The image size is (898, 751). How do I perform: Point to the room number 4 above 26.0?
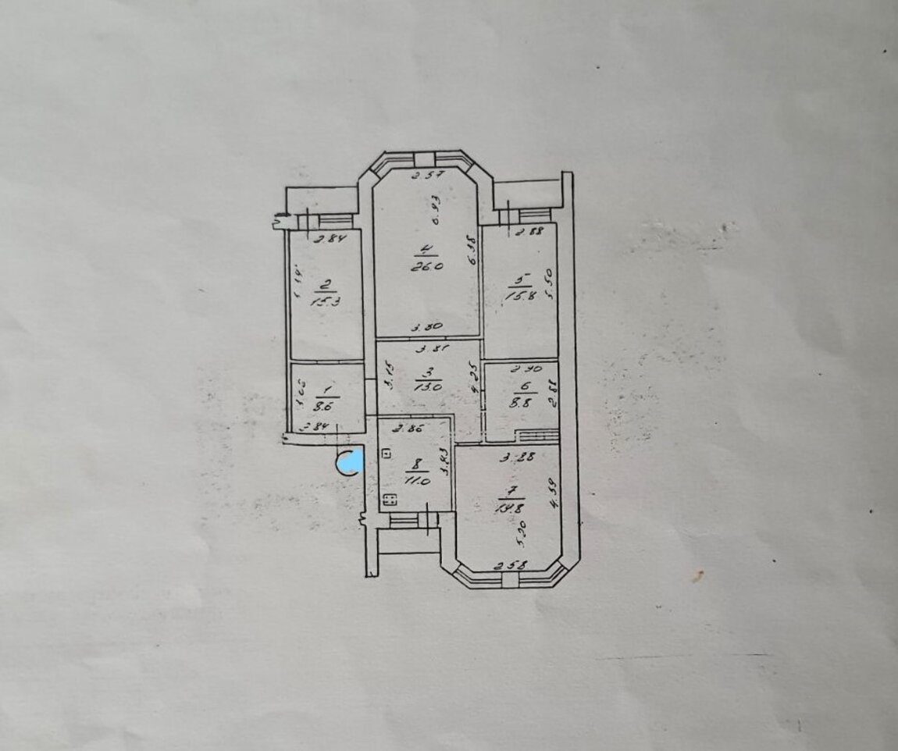(x=425, y=250)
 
